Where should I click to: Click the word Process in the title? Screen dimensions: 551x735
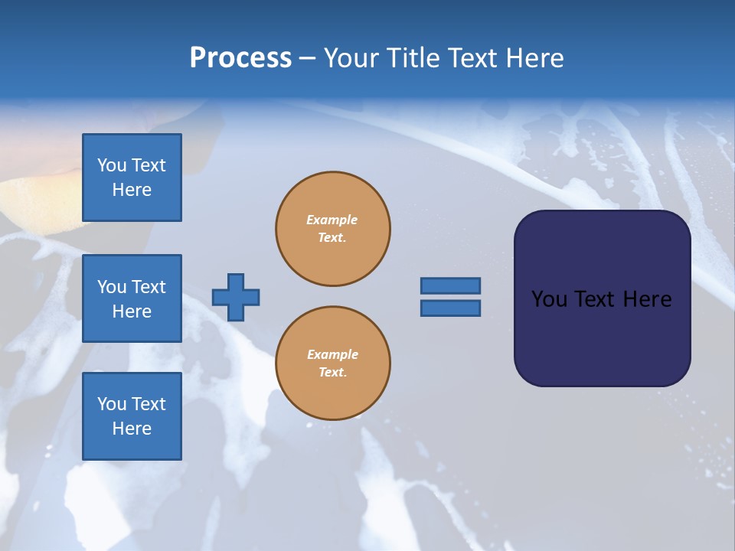[x=240, y=58]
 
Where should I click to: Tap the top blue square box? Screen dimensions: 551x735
[x=132, y=178]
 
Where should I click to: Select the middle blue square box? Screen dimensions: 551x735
[x=132, y=298]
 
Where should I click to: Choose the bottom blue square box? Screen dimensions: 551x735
[x=132, y=416]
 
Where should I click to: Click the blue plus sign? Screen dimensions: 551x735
[x=236, y=297]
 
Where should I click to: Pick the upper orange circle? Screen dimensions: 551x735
[x=333, y=229]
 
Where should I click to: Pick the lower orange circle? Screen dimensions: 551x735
[x=333, y=364]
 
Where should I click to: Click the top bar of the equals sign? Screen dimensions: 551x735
[x=450, y=285]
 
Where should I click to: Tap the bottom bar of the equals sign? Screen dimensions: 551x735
[x=450, y=308]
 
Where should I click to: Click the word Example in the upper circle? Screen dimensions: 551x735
[x=332, y=220]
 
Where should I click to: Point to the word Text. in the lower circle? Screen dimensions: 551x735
[x=332, y=373]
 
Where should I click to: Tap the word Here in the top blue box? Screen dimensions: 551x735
[x=132, y=190]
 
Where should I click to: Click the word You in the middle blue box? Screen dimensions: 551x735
[x=110, y=287]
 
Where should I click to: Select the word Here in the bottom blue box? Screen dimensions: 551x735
[x=132, y=429]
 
